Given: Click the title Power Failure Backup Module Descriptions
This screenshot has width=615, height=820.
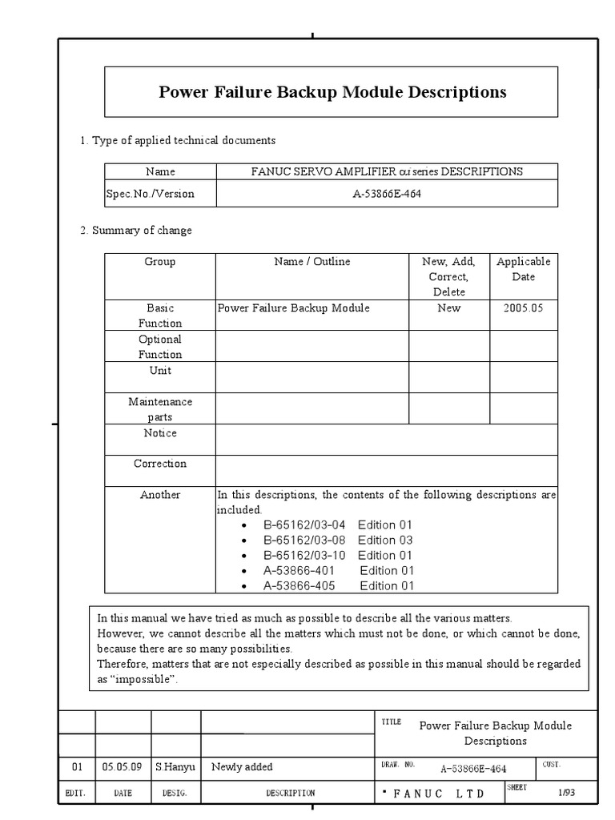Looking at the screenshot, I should coord(332,92).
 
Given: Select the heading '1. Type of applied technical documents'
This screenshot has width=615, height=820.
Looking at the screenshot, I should coord(177,140).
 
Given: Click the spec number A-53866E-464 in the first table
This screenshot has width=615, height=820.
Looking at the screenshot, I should coord(387,194).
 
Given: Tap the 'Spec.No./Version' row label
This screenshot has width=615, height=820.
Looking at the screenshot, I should coord(151,194).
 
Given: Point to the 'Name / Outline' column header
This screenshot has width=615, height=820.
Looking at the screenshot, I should coord(312,262).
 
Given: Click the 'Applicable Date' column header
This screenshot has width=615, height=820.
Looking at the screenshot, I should coord(523,269).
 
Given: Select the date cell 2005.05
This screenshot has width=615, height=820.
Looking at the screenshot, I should coord(523,308).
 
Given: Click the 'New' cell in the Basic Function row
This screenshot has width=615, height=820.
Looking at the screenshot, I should coord(449,308).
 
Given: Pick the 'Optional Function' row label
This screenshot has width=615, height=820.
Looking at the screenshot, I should coord(160,347).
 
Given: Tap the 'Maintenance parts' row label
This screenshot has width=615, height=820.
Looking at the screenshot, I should coord(160,409).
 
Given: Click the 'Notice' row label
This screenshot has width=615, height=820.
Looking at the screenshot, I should coord(160,433).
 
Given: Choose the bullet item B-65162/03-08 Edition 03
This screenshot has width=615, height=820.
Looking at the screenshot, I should coord(337,541).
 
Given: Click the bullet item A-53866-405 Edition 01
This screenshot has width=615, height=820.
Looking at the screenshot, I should coord(338,586).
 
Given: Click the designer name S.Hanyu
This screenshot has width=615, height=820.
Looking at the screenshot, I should coord(175,767).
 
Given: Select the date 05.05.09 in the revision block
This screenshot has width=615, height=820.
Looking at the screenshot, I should coord(122,767).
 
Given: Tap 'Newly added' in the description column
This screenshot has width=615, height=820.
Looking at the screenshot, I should coord(242,767).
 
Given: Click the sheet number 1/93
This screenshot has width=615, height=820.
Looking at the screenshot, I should coord(566,792).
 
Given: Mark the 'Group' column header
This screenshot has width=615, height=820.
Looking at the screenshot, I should coord(160,262).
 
